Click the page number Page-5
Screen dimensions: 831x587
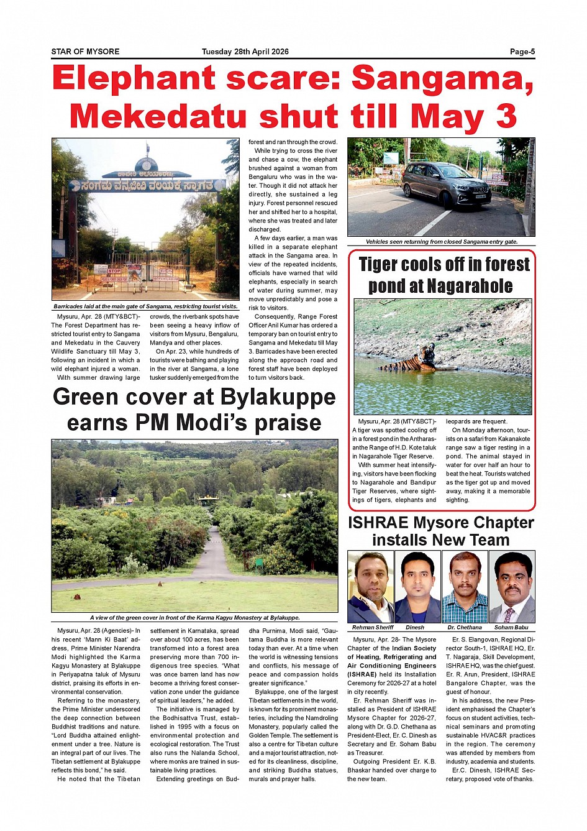tap(522, 52)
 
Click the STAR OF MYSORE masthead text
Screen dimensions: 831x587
tap(85, 52)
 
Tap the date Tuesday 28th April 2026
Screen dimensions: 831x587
tap(245, 52)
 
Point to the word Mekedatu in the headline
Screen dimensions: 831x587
tap(157, 116)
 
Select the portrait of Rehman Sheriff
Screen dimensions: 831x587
tap(370, 587)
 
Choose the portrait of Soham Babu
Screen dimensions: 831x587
tap(512, 587)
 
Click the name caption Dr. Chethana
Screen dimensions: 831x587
tap(464, 627)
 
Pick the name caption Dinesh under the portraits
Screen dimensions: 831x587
tap(415, 627)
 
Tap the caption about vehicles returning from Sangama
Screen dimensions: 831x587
tap(441, 242)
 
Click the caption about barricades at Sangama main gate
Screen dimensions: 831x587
tap(145, 306)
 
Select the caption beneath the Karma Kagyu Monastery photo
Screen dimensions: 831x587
tap(194, 618)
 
